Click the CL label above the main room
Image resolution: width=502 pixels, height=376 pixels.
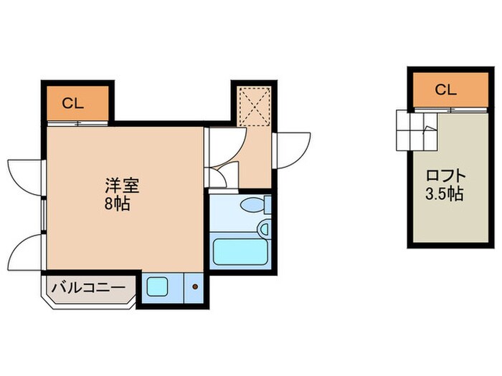coord(72,103)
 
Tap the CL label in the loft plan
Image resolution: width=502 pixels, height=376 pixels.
coord(445,90)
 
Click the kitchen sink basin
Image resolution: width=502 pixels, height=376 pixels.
coord(157,288)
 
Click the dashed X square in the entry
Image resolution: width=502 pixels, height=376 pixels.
coord(252,105)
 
